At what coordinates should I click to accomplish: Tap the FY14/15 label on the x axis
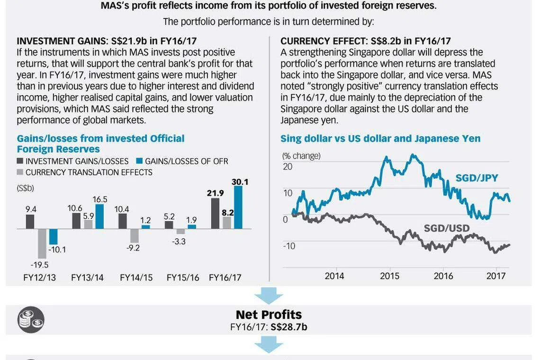136,278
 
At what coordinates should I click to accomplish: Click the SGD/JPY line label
477,178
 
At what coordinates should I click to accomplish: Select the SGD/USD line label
447,229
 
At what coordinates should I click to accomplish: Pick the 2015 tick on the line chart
389,276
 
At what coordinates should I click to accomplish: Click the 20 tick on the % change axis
288,167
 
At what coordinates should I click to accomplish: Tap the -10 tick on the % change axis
288,246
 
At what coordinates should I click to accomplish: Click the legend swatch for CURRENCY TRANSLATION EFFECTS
20,172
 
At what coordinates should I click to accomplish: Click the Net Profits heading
269,315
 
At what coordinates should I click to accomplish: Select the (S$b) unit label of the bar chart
25,188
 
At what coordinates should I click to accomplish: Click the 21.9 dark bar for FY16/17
215,214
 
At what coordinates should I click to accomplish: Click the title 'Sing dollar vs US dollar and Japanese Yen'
380,139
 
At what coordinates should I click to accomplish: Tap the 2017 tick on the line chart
495,276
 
